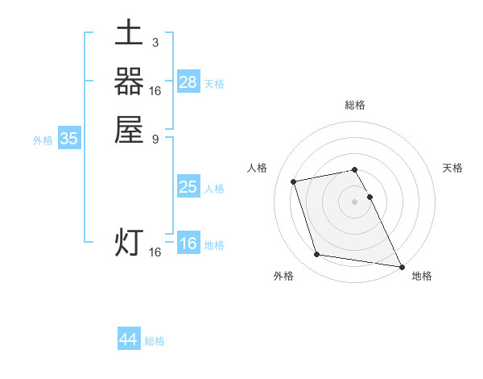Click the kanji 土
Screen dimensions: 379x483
129,35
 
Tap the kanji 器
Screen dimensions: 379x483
129,82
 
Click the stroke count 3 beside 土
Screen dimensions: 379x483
155,43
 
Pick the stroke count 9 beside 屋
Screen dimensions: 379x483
155,138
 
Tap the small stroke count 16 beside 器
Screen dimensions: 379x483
155,90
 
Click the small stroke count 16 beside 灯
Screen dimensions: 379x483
155,252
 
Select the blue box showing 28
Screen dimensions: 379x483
188,82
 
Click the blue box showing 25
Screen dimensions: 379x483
188,187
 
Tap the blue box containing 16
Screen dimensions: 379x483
188,244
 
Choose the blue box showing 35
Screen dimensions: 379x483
69,139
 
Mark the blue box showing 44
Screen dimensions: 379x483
129,339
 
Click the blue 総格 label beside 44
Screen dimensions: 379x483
155,341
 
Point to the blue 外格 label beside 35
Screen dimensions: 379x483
43,140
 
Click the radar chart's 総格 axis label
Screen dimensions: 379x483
355,106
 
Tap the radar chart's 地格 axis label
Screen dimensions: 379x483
422,276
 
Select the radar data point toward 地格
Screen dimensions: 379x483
401,265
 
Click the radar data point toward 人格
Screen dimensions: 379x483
294,181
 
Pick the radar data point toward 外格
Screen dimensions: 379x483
317,255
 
